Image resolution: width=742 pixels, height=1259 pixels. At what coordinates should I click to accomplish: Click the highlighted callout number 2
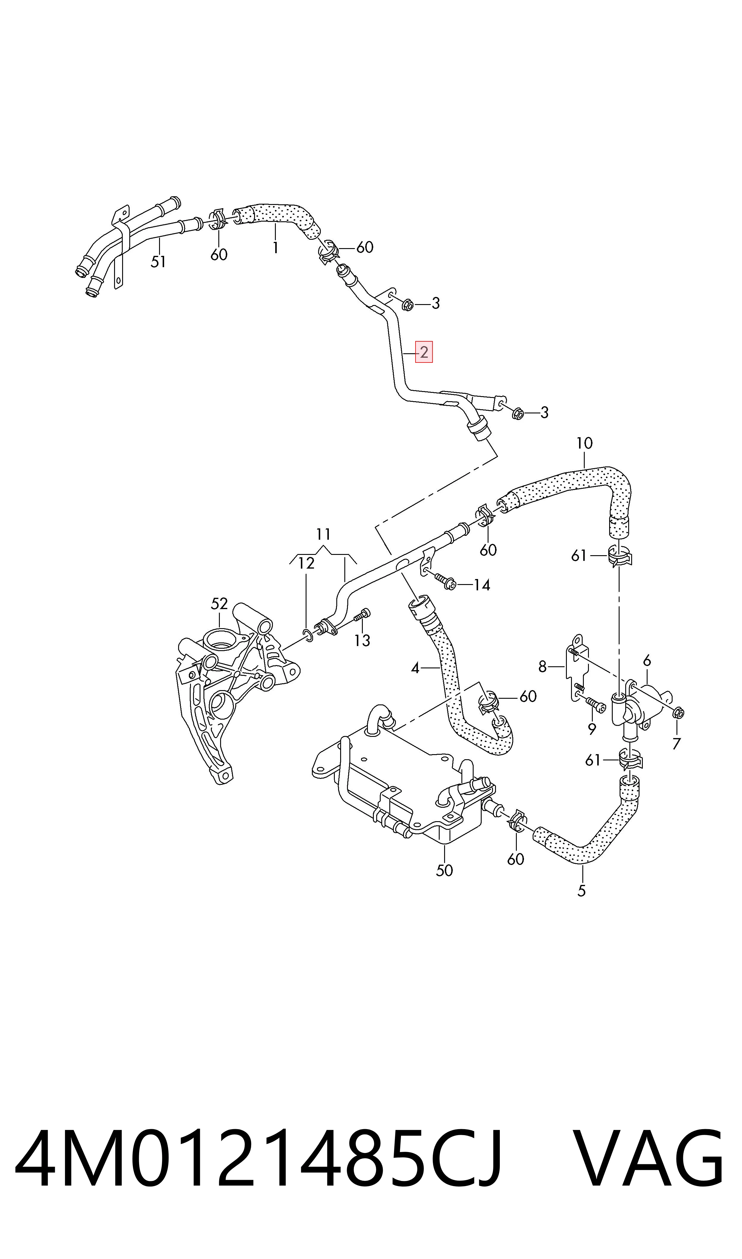pos(424,352)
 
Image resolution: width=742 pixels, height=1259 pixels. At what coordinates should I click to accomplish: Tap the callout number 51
pos(158,262)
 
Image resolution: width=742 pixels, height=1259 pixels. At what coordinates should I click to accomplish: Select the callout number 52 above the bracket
pos(219,604)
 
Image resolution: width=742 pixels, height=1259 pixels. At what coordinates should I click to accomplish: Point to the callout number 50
pos(444,870)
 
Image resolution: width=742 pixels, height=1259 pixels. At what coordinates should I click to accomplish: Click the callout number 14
pos(481,585)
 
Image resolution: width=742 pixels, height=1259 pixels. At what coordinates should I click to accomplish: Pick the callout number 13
pos(362,640)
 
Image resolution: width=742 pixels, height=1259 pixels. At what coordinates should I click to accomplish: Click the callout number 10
pos(584,443)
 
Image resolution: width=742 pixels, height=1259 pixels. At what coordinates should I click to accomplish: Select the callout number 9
pos(592,729)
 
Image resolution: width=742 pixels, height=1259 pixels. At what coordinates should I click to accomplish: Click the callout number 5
pos(581,891)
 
